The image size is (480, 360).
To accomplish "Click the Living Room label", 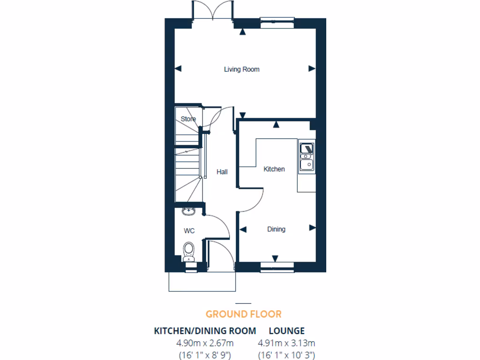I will point(241,69).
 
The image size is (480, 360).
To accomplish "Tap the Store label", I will point(188,119).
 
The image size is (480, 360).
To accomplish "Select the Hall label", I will point(222,172).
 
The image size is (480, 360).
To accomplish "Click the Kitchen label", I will point(274,169).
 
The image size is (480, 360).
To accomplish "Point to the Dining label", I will point(276,229).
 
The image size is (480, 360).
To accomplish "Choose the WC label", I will point(189,231).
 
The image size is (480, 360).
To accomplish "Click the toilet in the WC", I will point(189,250).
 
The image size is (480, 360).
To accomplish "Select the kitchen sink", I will point(307,157).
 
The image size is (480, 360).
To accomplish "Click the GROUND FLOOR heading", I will point(243,314).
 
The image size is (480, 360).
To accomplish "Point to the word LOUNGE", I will point(286,331).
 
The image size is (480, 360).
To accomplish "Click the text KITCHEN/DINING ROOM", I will point(205,331).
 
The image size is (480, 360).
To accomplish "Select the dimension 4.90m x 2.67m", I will point(205,343).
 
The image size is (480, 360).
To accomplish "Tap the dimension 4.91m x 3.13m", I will point(286,343).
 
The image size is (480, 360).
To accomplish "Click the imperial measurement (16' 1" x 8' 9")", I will point(205,355).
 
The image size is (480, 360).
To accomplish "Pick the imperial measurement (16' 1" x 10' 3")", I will point(286,355).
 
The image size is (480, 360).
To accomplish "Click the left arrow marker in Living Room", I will point(178,68).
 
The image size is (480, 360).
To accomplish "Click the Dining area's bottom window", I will point(277,268).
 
